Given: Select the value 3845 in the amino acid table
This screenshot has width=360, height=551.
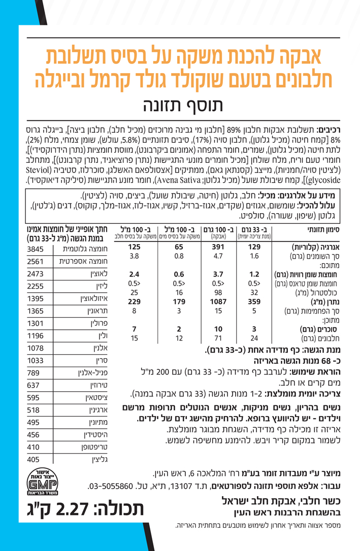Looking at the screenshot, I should tap(37, 249).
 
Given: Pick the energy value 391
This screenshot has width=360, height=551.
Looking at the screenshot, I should tap(217, 247).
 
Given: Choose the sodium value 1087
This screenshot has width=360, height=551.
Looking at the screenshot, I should tap(217, 301).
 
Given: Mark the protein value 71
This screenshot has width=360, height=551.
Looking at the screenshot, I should tap(217, 337).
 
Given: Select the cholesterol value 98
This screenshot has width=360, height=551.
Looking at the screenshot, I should tap(217, 292).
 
